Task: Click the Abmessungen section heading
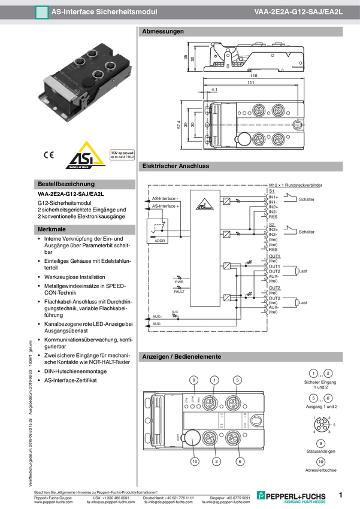(163, 32)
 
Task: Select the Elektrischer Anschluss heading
(176, 166)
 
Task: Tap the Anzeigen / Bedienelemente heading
(181, 357)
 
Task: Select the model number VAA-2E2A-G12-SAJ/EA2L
(298, 11)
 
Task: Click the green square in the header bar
(41, 11)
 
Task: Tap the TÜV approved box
(122, 156)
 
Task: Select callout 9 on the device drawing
(193, 380)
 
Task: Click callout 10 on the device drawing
(194, 461)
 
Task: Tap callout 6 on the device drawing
(240, 461)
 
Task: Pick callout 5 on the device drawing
(237, 380)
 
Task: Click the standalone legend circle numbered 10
(320, 462)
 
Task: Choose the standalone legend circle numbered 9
(320, 444)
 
